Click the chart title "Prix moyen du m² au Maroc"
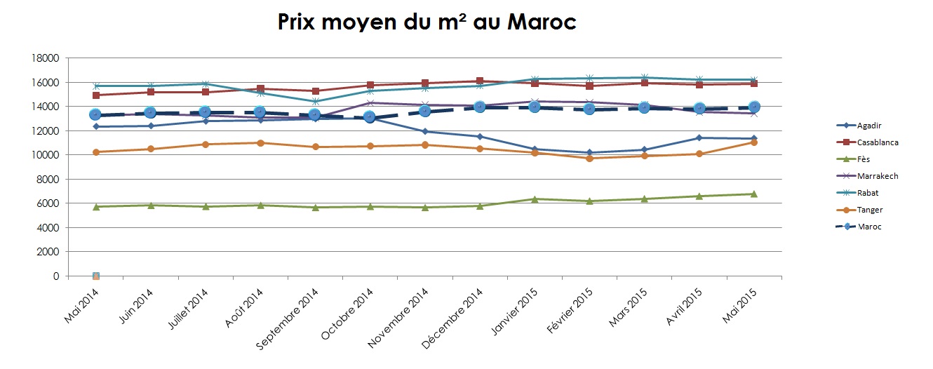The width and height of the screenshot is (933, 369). (x=427, y=22)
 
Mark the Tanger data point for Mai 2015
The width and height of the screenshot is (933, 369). (x=754, y=142)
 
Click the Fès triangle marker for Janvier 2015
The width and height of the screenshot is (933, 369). (x=535, y=199)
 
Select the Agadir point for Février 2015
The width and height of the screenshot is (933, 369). (x=589, y=153)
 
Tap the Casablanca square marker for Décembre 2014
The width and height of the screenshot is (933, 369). (x=480, y=81)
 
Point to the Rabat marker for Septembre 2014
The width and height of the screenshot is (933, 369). (x=316, y=102)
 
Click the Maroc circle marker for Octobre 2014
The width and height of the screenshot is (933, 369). (x=370, y=117)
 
